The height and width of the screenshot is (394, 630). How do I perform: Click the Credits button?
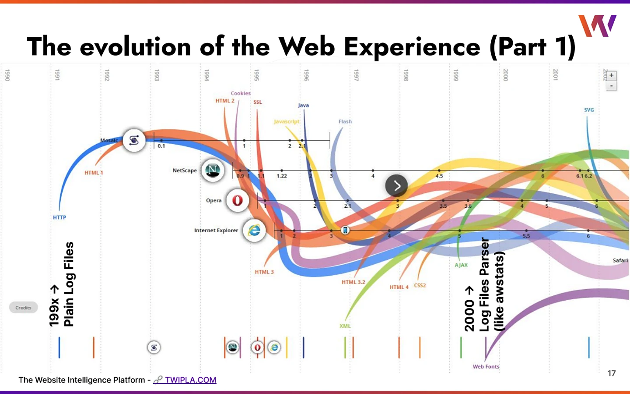[23, 308]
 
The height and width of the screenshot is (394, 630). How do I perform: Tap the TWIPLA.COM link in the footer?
[190, 380]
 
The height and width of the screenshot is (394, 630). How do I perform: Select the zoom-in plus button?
[611, 75]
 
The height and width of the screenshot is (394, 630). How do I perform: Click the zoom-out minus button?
[611, 85]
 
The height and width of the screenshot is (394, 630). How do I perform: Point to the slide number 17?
[611, 373]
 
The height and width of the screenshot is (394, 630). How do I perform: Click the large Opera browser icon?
[238, 200]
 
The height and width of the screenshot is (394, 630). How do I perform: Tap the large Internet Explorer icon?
[254, 230]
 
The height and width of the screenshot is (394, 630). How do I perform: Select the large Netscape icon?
[213, 170]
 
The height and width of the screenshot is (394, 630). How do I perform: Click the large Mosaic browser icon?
[134, 140]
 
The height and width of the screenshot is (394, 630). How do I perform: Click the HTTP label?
[59, 217]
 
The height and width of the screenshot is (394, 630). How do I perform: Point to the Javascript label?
[287, 121]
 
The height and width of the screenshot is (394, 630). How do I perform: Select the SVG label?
[589, 110]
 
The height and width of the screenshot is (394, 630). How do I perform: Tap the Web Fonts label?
[486, 367]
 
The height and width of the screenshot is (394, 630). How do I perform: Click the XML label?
[345, 326]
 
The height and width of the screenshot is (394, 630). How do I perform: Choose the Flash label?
[345, 121]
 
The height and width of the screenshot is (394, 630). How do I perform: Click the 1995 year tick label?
[257, 75]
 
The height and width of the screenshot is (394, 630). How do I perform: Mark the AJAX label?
[461, 265]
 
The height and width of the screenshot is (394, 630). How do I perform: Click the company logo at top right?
[597, 25]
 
